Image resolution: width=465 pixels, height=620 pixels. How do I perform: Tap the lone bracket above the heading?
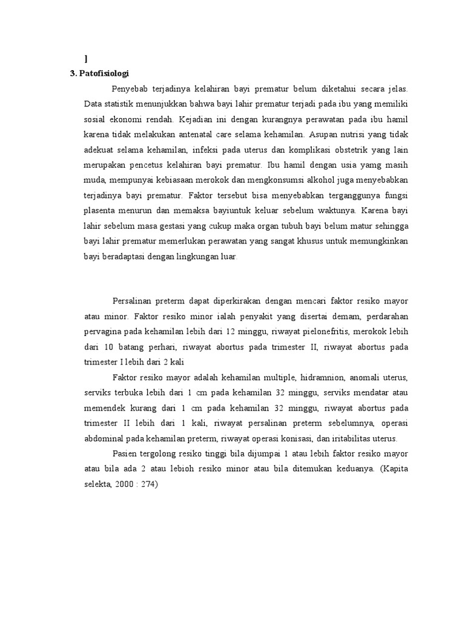86,59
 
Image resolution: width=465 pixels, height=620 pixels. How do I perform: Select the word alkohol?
322,180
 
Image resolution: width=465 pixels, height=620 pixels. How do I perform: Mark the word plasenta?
101,211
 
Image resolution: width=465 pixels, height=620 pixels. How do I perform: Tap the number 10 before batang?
108,346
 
